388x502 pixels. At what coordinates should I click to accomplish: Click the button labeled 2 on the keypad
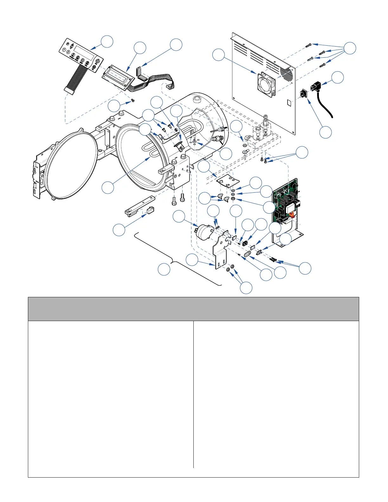point(68,52)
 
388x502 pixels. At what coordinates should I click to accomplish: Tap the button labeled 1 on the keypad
point(64,49)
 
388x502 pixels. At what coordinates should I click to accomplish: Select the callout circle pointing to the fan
point(218,55)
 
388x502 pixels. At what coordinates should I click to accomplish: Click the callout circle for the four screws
point(350,48)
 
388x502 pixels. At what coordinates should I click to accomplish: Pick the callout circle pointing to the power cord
point(338,77)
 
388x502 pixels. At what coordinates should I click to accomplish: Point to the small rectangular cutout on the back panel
point(289,102)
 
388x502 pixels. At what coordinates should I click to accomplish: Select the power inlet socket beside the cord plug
point(303,94)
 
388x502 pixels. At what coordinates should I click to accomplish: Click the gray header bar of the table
point(193,309)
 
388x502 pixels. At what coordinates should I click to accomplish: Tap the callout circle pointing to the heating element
point(108,187)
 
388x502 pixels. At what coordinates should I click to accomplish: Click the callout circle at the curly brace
point(164,269)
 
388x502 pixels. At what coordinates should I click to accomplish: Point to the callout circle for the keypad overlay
point(107,42)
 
